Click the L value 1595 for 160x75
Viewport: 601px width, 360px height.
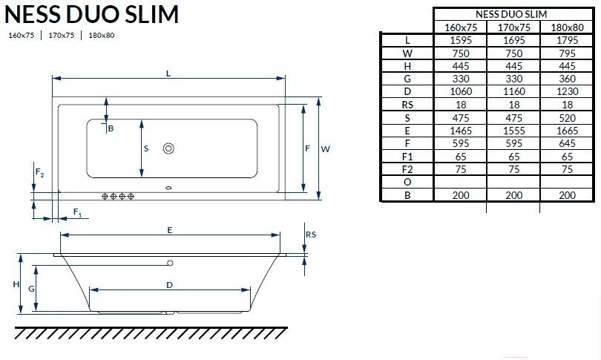click(460, 40)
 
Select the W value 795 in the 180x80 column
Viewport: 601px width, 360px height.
click(567, 53)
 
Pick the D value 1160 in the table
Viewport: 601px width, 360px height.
click(513, 91)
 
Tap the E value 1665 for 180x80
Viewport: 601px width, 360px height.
click(567, 131)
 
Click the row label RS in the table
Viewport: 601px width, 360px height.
click(407, 105)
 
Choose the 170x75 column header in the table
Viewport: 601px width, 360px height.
click(513, 27)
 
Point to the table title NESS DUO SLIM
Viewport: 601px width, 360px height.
click(511, 14)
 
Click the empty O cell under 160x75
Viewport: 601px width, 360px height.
click(460, 182)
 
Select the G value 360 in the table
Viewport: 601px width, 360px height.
click(567, 79)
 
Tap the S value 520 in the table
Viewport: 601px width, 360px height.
click(567, 118)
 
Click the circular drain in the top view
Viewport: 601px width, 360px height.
click(168, 148)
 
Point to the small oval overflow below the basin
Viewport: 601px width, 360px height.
click(168, 188)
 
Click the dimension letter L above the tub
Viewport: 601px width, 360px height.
click(168, 73)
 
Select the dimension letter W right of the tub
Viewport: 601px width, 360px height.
click(326, 149)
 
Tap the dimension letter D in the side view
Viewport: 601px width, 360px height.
click(169, 285)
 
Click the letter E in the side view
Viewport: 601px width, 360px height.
click(169, 230)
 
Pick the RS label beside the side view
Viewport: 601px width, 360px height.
click(311, 235)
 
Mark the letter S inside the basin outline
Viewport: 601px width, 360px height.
click(146, 148)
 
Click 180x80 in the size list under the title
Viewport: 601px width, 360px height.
click(101, 36)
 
